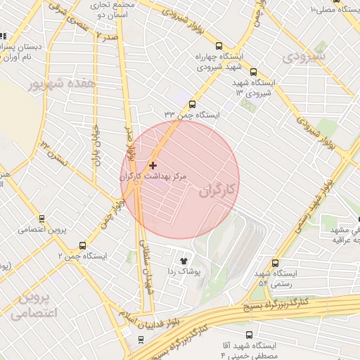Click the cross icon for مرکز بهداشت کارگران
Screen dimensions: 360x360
pos(153,165)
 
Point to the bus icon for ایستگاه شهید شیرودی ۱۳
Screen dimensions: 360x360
pos(253,71)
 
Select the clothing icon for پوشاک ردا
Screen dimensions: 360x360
pos(184,259)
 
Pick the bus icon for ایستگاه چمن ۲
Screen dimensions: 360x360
pos(83,245)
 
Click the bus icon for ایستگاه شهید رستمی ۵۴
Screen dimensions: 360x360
pos(274,262)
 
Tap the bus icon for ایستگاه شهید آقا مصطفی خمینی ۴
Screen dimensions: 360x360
pos(250,335)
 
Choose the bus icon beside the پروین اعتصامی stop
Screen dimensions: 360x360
pos(41,219)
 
